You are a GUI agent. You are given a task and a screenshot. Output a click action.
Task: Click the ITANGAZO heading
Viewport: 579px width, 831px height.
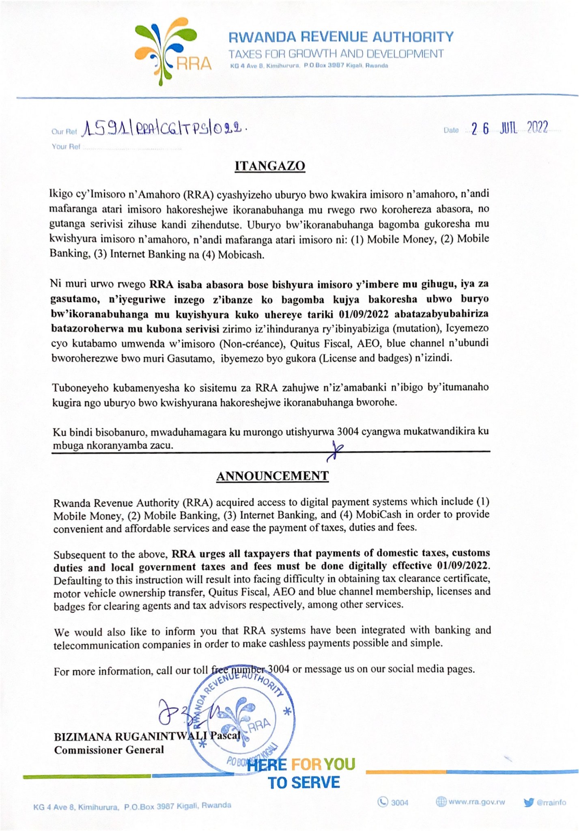coord(270,166)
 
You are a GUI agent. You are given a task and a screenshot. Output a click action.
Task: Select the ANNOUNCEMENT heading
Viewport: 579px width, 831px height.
coord(272,476)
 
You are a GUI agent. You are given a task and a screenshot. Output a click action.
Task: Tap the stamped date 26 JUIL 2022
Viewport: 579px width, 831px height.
coord(509,128)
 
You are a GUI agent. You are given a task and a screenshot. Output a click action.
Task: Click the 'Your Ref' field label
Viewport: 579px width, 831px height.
coord(66,146)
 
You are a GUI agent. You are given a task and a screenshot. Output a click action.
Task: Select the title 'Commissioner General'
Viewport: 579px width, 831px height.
coord(109,750)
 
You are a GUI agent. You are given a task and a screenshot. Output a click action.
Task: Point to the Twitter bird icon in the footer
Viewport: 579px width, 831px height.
coord(529,802)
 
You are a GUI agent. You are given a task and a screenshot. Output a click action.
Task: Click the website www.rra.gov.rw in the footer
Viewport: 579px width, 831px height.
coord(476,802)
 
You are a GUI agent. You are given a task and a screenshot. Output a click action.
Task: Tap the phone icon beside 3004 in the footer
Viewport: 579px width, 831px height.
coord(383,802)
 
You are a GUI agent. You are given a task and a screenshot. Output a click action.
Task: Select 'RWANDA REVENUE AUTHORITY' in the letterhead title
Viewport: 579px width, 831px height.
coord(341,37)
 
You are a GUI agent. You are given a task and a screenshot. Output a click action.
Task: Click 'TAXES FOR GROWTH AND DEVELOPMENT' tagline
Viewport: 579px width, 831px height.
coord(336,54)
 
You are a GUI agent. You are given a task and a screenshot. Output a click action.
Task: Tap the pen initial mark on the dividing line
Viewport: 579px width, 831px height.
coord(335,450)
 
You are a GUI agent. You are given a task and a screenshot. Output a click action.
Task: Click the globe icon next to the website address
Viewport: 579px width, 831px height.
coord(441,802)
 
